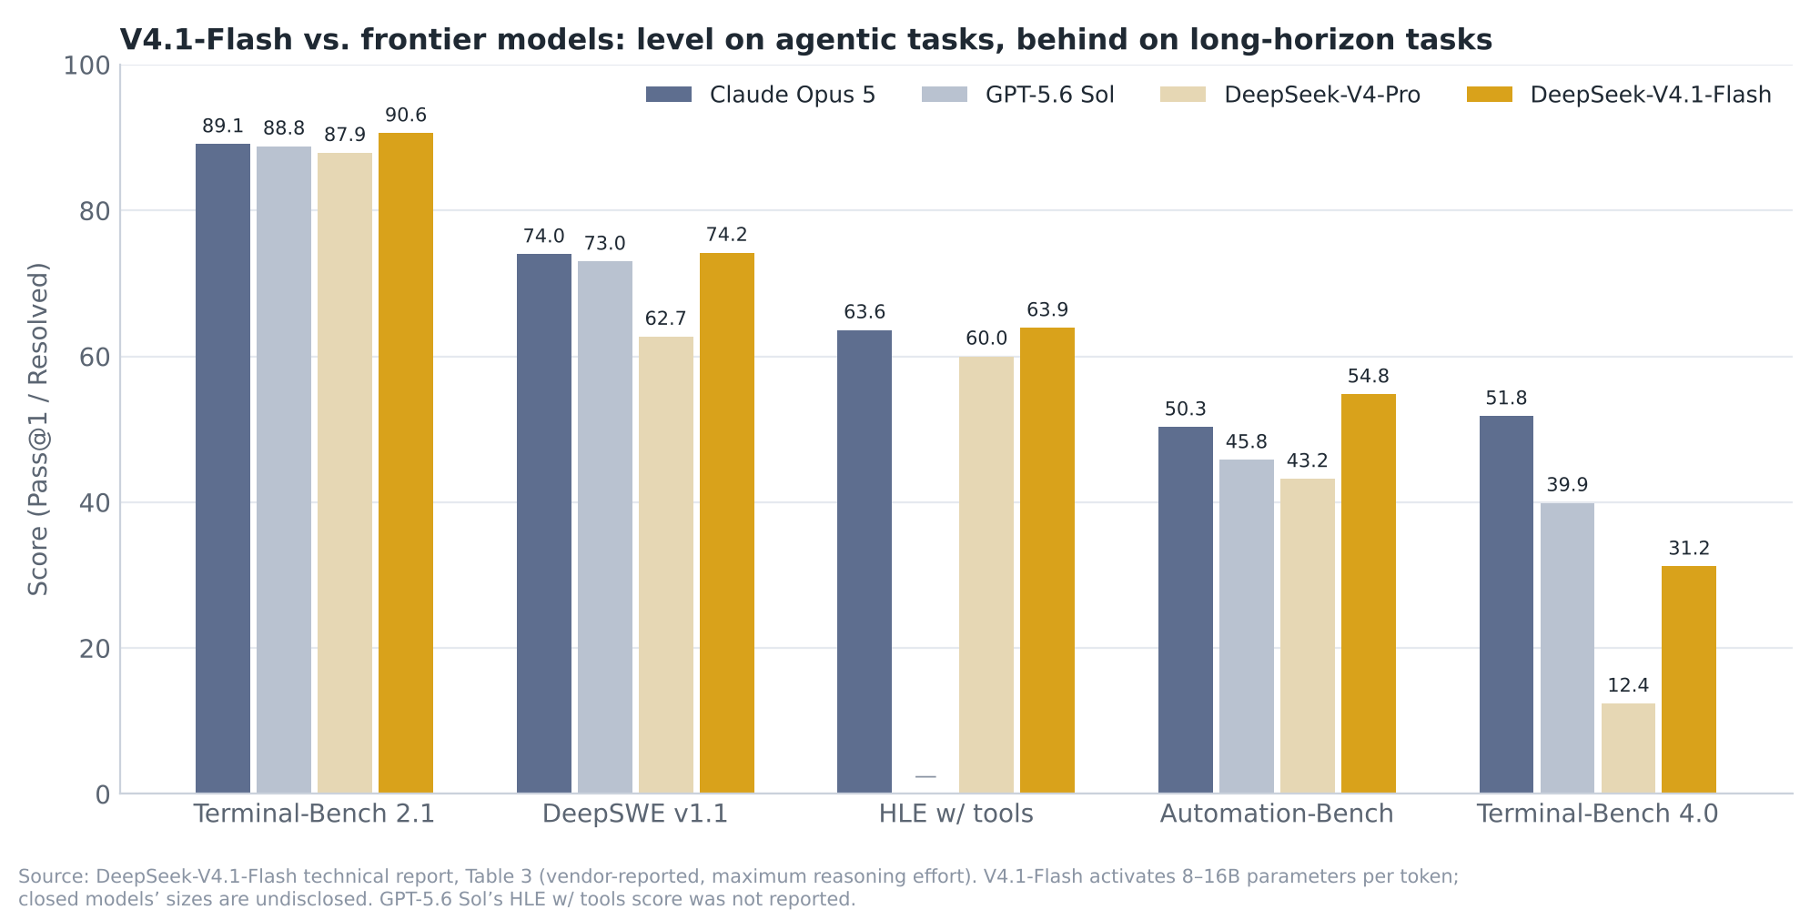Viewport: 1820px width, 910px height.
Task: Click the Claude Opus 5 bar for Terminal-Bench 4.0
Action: (1506, 604)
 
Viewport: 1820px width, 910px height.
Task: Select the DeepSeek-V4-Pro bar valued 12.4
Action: (1628, 748)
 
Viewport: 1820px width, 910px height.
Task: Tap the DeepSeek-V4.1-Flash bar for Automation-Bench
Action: (1369, 593)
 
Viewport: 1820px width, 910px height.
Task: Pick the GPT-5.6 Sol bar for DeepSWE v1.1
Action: (605, 527)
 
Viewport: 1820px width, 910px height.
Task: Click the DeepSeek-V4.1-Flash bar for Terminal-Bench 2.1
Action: (406, 463)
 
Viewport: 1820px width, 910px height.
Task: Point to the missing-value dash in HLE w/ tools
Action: (925, 776)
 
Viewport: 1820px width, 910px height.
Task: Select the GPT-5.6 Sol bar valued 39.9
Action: (1567, 648)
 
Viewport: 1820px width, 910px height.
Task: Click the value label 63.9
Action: (1047, 310)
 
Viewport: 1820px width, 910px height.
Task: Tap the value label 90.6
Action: (406, 116)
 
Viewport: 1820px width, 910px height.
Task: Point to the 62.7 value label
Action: (666, 319)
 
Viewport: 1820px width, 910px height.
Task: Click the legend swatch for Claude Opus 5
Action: (669, 95)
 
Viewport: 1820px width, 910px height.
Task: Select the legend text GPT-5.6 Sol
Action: (1050, 95)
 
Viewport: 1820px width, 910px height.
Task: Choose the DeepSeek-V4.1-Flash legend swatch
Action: (1490, 95)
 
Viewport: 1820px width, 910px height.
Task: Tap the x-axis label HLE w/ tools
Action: (956, 814)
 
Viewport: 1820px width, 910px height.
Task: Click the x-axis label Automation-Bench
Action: (1277, 814)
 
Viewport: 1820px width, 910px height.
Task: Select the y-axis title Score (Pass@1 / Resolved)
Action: (38, 430)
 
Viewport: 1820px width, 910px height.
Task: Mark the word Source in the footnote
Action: (53, 876)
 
